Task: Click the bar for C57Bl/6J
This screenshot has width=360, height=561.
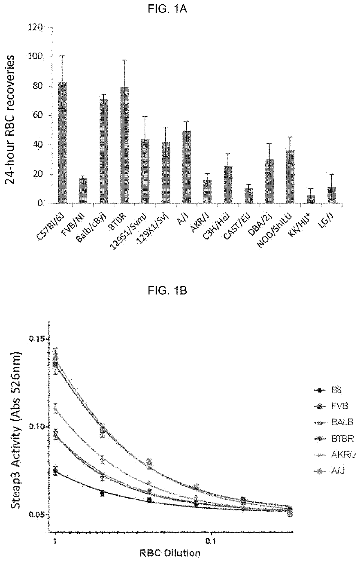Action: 62,143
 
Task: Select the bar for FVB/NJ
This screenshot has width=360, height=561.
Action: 83,191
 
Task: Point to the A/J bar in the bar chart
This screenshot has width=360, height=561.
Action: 187,167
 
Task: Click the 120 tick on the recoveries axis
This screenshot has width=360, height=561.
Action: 39,28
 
